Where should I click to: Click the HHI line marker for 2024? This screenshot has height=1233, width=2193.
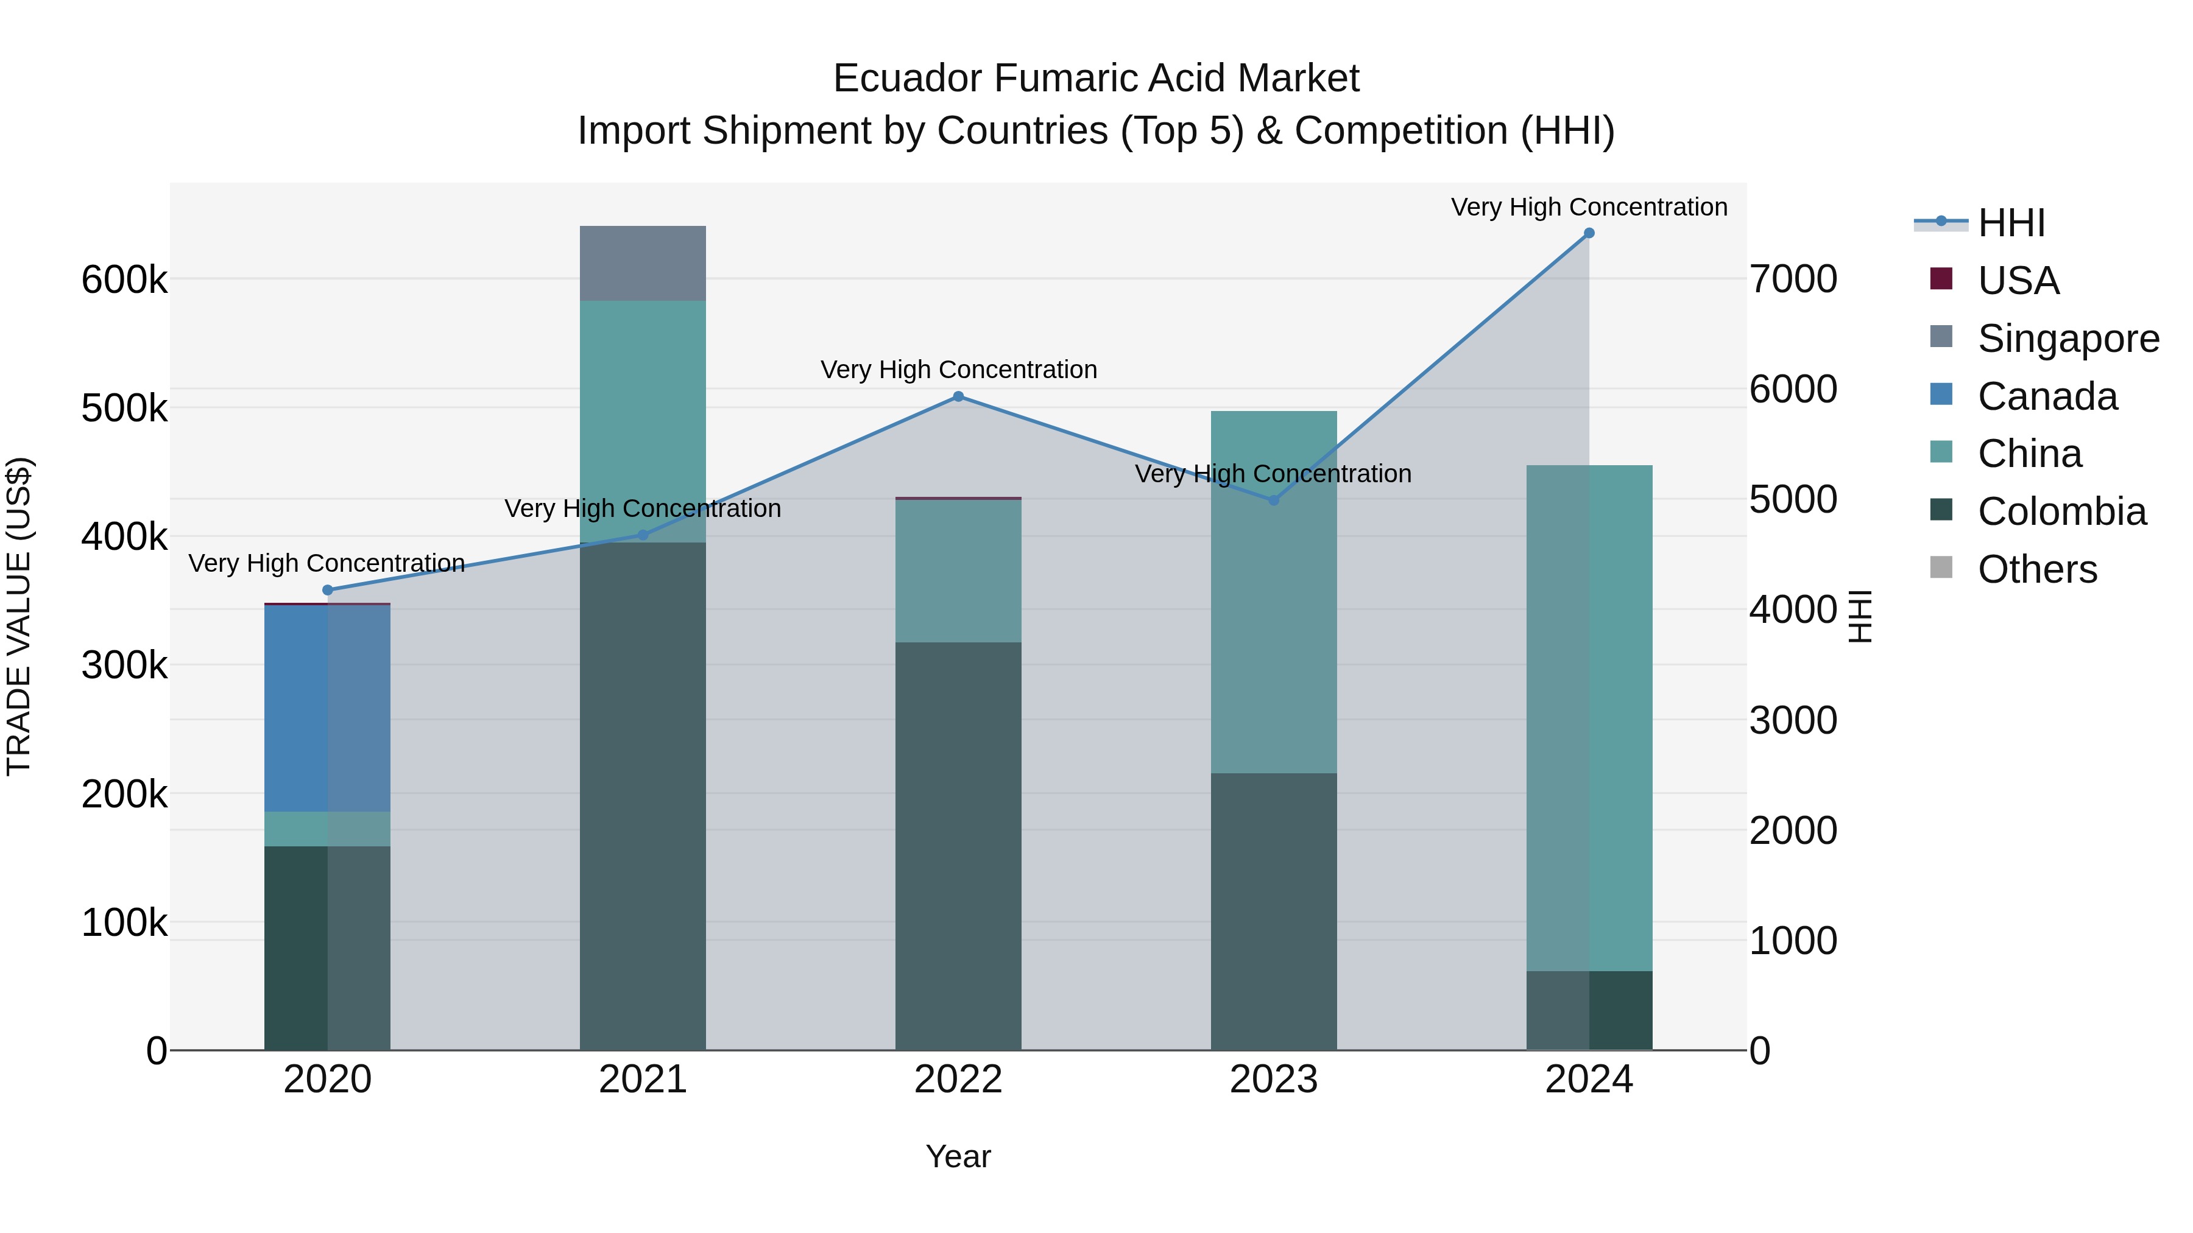(1589, 233)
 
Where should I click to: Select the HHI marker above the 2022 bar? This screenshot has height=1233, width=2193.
(958, 396)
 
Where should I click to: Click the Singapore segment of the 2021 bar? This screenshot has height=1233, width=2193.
(643, 264)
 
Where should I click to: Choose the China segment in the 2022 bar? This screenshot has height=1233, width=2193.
(958, 570)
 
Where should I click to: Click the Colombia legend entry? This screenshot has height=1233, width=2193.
(2061, 511)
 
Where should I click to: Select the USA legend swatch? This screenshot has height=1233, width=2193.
(1941, 279)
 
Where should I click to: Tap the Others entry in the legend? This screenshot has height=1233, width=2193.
(2036, 569)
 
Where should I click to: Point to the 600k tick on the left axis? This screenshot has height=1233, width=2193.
(124, 279)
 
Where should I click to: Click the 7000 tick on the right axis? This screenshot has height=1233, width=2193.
(1793, 279)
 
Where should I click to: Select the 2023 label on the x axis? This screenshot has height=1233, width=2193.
(1274, 1080)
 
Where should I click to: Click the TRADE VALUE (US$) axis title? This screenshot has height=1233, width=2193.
(19, 616)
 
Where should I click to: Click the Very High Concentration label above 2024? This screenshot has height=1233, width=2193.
(1589, 207)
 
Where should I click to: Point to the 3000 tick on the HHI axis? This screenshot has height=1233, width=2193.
(1793, 721)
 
